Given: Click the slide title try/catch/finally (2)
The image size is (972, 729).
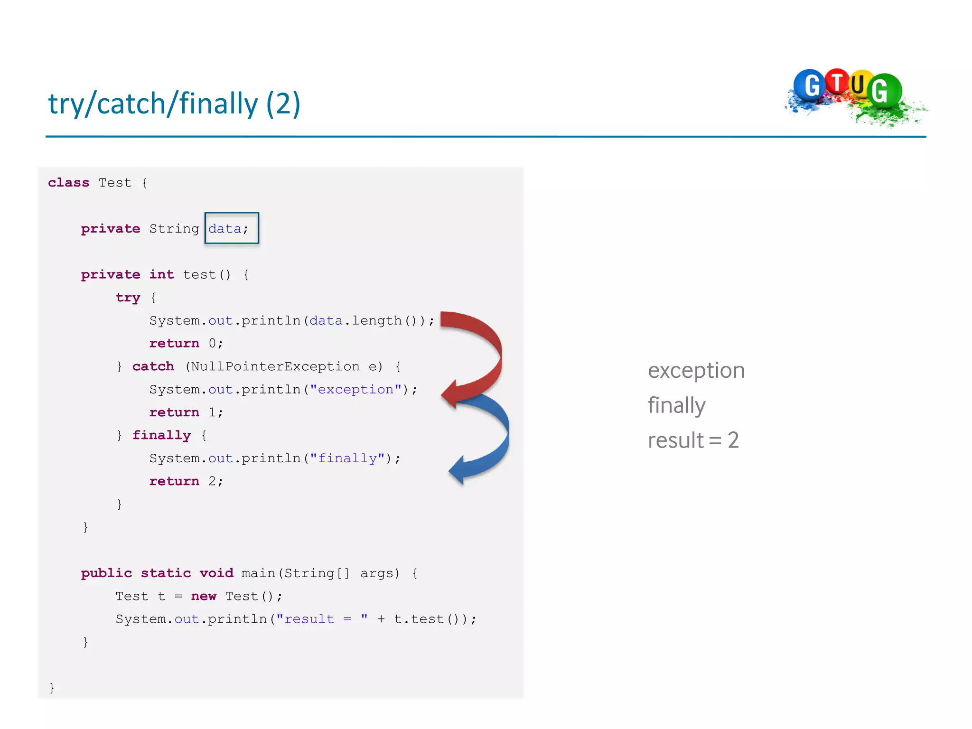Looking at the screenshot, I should [174, 104].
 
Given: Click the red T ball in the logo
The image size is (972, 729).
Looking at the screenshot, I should [837, 82].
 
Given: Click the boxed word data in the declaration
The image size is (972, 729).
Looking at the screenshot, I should [225, 229].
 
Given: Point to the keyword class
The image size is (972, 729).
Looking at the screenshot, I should [68, 183].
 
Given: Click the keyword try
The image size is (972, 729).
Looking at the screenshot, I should [128, 298].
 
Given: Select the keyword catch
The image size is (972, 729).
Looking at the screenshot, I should [153, 366].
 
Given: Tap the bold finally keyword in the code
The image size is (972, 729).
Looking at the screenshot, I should [161, 435].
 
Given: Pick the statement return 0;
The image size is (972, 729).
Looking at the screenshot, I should [186, 343].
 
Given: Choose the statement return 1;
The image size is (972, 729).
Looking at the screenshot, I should [186, 412].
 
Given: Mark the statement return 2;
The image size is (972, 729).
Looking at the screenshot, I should [186, 481].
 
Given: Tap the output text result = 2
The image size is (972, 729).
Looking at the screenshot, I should [693, 440].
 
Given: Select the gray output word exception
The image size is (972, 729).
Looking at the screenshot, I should [696, 371].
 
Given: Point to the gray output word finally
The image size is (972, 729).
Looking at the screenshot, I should [676, 406].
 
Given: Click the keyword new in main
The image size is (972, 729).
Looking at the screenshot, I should [204, 596].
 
